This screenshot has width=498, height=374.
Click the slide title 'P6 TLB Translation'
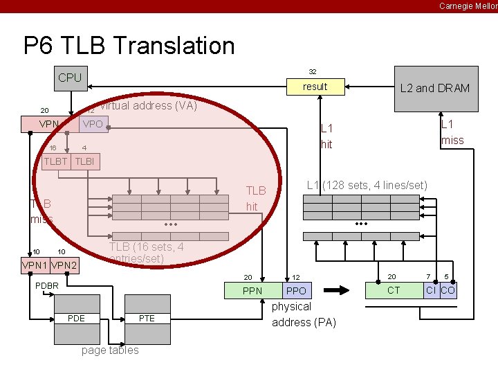click(x=129, y=46)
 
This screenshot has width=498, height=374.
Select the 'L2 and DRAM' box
click(x=435, y=88)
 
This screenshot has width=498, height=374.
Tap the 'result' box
click(x=315, y=87)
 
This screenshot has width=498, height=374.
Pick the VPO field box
click(x=93, y=125)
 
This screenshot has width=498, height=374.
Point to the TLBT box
click(x=55, y=162)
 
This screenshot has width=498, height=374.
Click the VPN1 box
click(x=35, y=265)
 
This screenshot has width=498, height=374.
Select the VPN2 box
click(x=65, y=265)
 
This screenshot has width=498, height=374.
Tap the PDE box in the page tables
click(x=77, y=318)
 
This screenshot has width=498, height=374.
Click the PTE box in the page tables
click(x=147, y=318)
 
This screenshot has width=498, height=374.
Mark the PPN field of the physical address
click(x=252, y=291)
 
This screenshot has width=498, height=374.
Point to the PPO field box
click(x=296, y=291)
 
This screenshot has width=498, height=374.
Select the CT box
click(x=394, y=290)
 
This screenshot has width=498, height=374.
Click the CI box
click(x=431, y=290)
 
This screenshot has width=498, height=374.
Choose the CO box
click(x=448, y=290)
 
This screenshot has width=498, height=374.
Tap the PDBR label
click(x=47, y=285)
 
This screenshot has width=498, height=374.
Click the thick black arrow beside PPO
click(x=340, y=290)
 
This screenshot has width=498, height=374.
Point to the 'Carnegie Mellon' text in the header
click(x=468, y=6)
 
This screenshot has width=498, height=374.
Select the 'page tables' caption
click(x=110, y=350)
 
